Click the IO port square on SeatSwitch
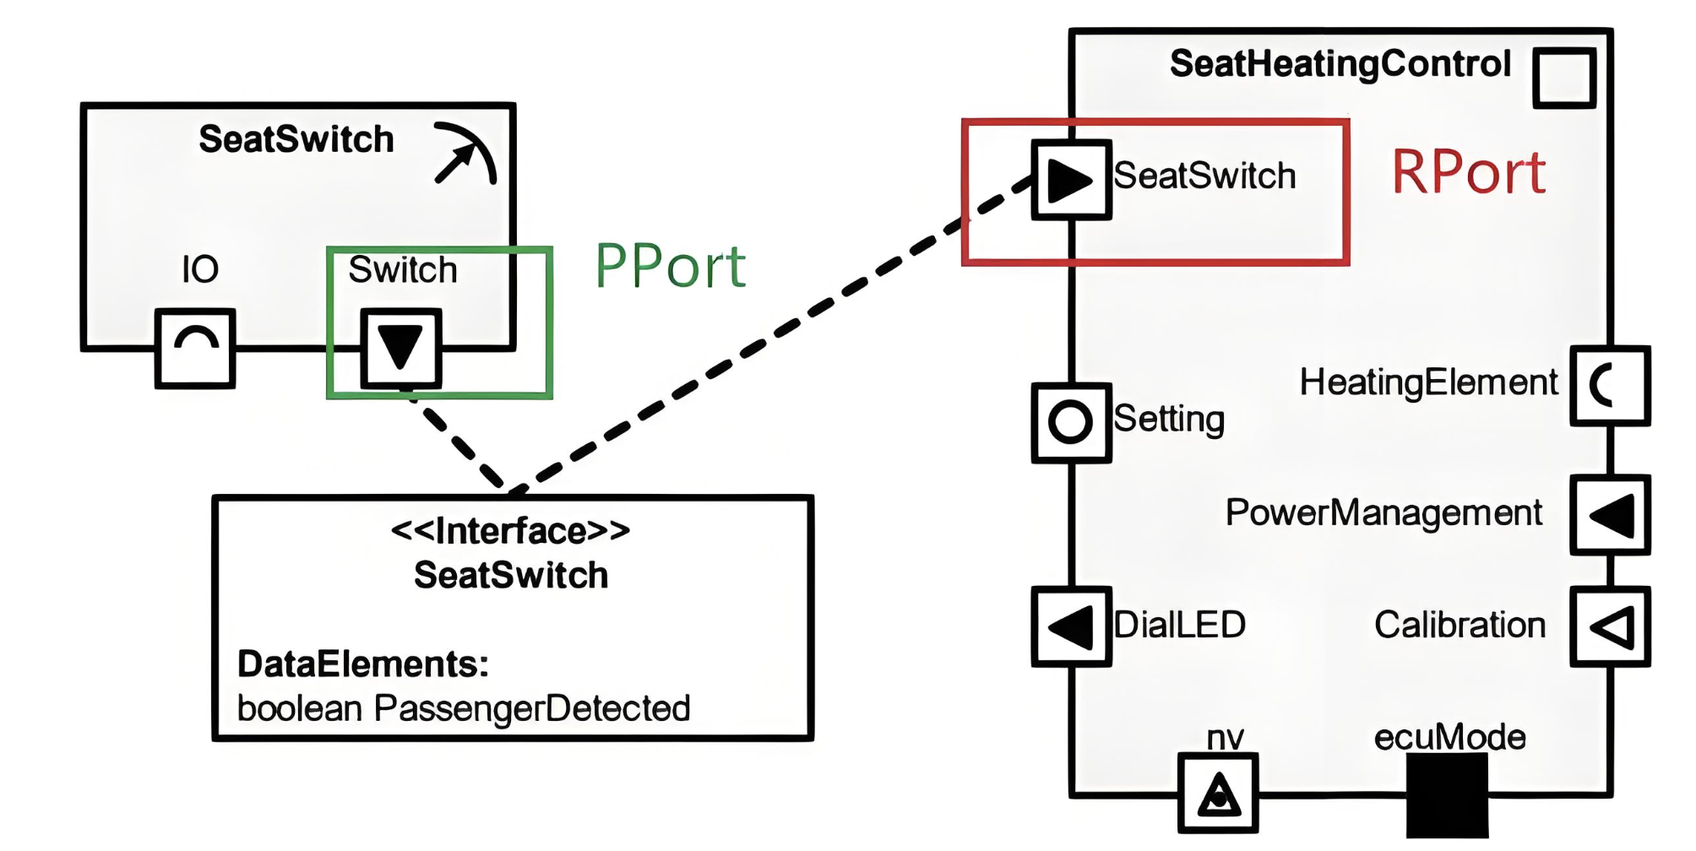[x=195, y=348]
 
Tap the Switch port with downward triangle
[x=400, y=348]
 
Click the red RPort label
[x=1468, y=173]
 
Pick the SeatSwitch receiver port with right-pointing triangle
[x=1071, y=180]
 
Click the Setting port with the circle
[x=1071, y=422]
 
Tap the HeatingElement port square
[x=1610, y=386]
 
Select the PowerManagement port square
[x=1610, y=515]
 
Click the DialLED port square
[x=1071, y=626]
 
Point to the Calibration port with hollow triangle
[x=1610, y=626]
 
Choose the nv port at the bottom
[x=1218, y=793]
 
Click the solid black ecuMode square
[x=1447, y=795]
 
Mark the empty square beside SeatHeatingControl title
[x=1564, y=78]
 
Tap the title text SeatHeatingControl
[x=1340, y=64]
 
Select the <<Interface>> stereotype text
[x=510, y=531]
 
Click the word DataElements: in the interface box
[x=363, y=664]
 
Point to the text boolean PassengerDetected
[x=464, y=708]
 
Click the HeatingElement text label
[x=1428, y=382]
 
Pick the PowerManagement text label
[x=1383, y=512]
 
